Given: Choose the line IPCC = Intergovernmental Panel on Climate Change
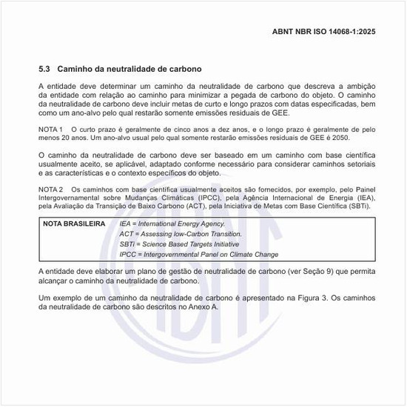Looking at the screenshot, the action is [199, 255].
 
